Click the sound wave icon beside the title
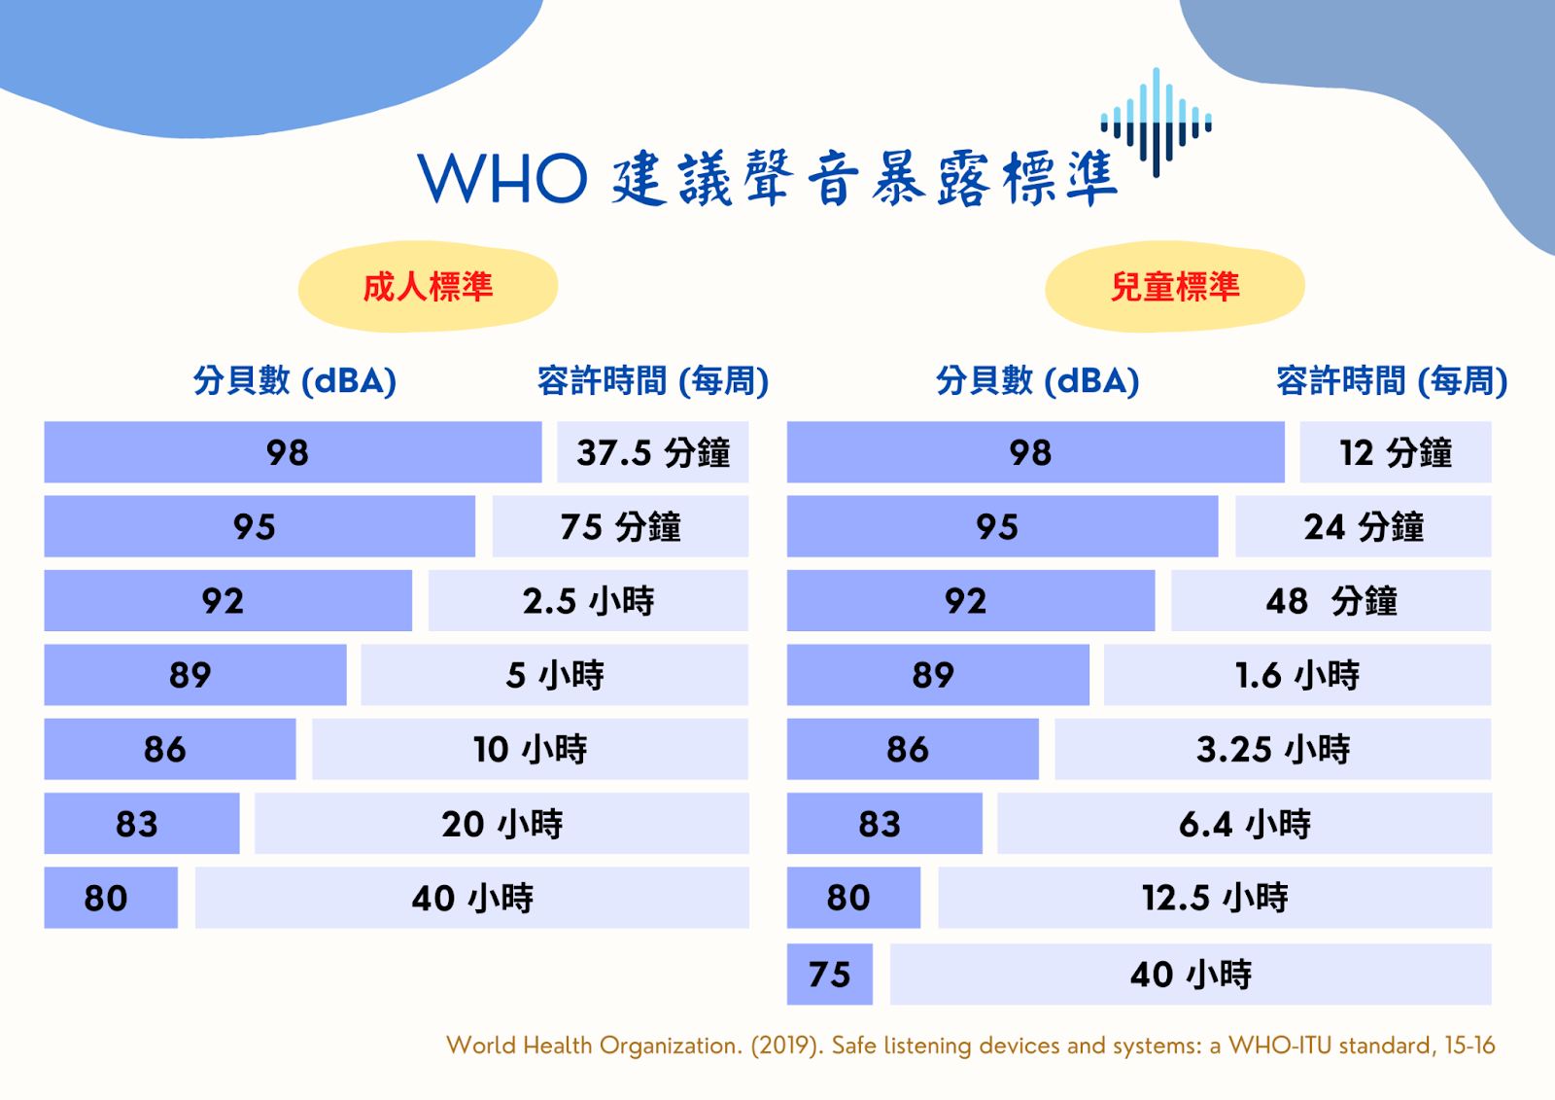point(1156,123)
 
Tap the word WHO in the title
point(502,179)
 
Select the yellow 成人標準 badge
point(428,286)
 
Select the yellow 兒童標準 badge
point(1175,286)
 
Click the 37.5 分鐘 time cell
point(652,451)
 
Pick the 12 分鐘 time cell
point(1396,451)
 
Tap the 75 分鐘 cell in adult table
point(621,526)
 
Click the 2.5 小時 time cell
point(588,600)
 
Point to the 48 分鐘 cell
point(1330,600)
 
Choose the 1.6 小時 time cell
point(1297,675)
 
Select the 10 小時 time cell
point(531,749)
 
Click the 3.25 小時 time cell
point(1273,749)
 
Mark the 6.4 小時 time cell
point(1245,824)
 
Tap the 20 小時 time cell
point(501,824)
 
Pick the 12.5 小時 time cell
point(1215,898)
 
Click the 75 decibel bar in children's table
point(830,975)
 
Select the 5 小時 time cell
point(555,675)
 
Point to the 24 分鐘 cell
point(1364,526)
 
